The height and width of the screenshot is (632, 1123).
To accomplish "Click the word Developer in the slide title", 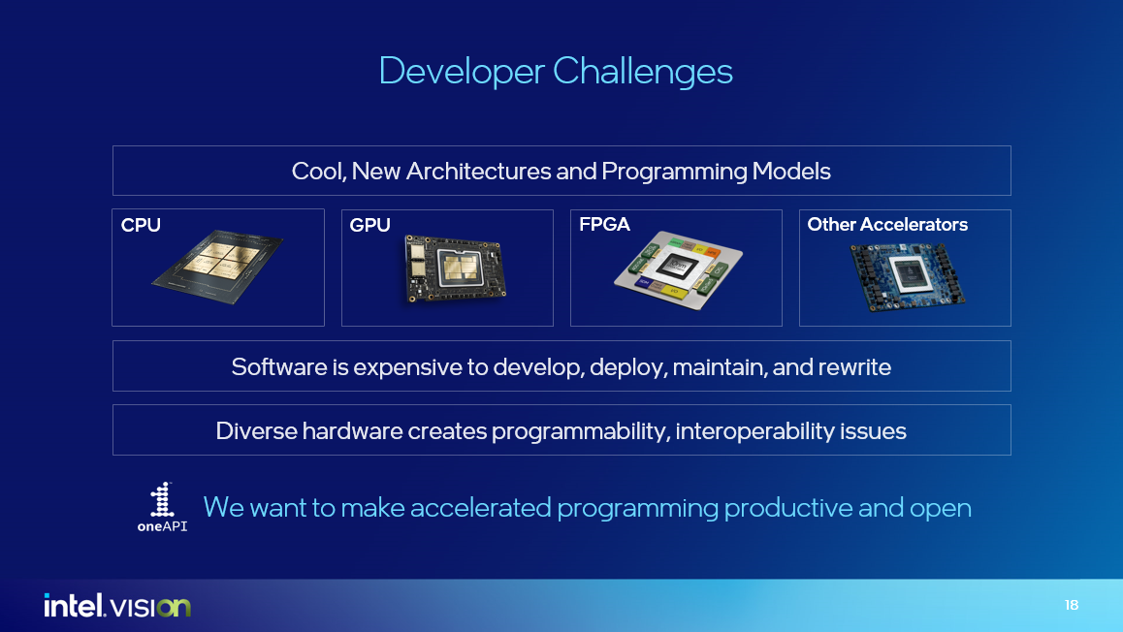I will click(x=462, y=72).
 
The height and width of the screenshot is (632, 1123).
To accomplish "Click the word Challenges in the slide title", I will click(x=643, y=72).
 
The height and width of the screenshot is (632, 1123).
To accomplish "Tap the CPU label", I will click(x=141, y=225).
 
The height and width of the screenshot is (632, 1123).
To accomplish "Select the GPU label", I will click(x=369, y=225).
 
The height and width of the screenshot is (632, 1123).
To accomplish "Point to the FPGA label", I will click(x=604, y=225).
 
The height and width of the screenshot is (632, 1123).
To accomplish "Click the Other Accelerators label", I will click(x=887, y=225).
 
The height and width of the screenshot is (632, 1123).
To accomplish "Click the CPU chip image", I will click(x=217, y=269).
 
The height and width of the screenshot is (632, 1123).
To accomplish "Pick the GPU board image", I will click(x=455, y=271).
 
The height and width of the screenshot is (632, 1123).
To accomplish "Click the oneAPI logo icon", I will click(x=162, y=501).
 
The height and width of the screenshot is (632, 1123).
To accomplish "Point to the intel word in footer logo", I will click(x=73, y=606).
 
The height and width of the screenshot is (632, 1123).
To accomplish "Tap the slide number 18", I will click(x=1071, y=606).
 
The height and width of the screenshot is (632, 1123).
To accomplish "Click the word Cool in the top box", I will click(x=317, y=172).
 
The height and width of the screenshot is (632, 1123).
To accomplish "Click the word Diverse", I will click(x=256, y=431).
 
